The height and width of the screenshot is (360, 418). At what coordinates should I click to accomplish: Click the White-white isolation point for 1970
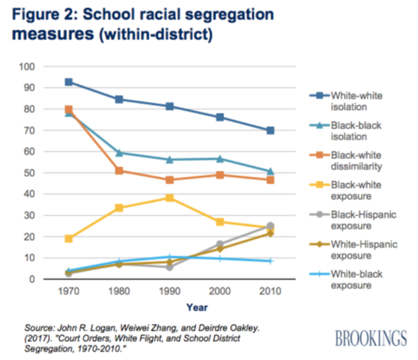pyautogui.click(x=69, y=82)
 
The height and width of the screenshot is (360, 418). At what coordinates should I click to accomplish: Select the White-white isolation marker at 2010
pyautogui.click(x=270, y=130)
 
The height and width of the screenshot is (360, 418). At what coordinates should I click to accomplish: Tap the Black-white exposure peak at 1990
pyautogui.click(x=170, y=197)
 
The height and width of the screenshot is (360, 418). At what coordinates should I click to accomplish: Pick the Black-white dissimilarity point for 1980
pyautogui.click(x=119, y=170)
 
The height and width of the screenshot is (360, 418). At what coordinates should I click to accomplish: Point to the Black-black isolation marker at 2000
pyautogui.click(x=220, y=158)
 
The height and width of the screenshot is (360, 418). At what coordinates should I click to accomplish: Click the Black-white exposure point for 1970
pyautogui.click(x=69, y=238)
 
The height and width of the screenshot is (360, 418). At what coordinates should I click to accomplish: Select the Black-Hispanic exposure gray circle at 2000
pyautogui.click(x=220, y=244)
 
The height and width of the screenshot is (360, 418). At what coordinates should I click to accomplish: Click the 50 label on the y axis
pyautogui.click(x=31, y=173)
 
